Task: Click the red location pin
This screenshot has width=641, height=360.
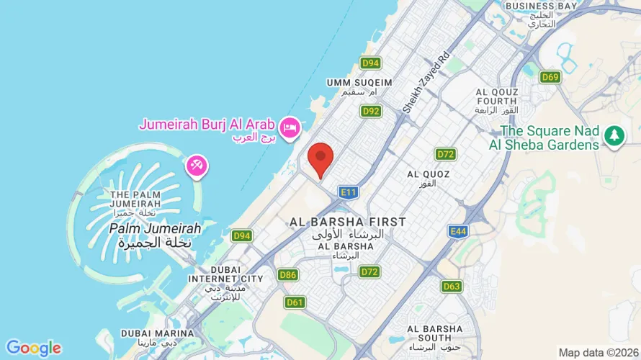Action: click(x=320, y=158)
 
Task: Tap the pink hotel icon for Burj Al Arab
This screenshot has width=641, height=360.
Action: click(x=290, y=127)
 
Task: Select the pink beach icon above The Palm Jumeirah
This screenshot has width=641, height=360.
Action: click(x=197, y=166)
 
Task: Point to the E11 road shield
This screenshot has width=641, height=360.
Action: click(x=349, y=192)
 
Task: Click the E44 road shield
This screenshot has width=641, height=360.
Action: click(x=457, y=231)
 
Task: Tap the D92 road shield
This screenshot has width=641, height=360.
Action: click(x=371, y=112)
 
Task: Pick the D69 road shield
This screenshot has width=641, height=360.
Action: click(x=550, y=77)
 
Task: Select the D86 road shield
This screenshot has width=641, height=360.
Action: click(x=288, y=274)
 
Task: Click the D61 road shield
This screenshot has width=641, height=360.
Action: click(x=295, y=302)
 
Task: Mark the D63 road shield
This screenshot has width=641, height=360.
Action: click(x=452, y=287)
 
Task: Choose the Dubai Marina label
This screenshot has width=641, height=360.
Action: click(x=157, y=333)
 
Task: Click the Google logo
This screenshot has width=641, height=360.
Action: click(x=33, y=348)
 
